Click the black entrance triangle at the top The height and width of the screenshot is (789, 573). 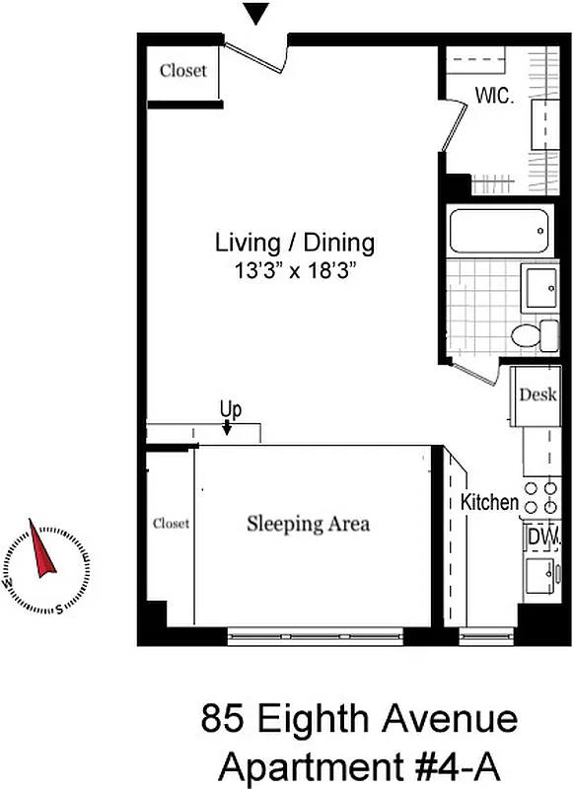pyautogui.click(x=256, y=14)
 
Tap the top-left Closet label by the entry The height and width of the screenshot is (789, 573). pyautogui.click(x=183, y=71)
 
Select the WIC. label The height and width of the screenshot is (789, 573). pyautogui.click(x=495, y=98)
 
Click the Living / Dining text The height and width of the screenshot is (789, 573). pyautogui.click(x=295, y=243)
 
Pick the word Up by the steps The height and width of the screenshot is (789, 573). pyautogui.click(x=231, y=408)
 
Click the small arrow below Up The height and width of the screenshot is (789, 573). pyautogui.click(x=228, y=428)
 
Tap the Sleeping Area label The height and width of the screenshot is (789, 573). pyautogui.click(x=308, y=524)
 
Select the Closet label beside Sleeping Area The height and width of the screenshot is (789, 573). pyautogui.click(x=171, y=524)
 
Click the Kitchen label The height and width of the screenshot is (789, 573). pyautogui.click(x=489, y=502)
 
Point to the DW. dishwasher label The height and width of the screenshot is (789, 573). pyautogui.click(x=541, y=536)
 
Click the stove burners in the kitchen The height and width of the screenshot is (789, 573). pyautogui.click(x=541, y=496)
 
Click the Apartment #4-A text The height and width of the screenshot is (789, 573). pyautogui.click(x=359, y=764)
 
